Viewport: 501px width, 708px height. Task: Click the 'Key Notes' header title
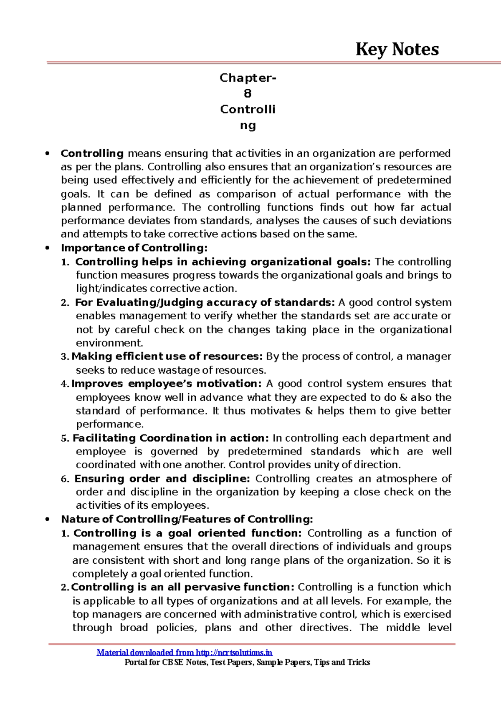click(x=397, y=49)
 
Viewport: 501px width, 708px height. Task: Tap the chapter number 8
click(x=248, y=94)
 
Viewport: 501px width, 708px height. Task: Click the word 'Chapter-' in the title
click(x=248, y=78)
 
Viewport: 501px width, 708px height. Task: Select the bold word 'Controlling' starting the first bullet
click(x=92, y=153)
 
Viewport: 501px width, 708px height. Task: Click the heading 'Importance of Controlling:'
click(x=134, y=248)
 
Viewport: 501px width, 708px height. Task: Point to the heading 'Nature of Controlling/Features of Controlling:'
click(x=187, y=519)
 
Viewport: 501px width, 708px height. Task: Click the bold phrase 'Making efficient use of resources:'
click(x=167, y=357)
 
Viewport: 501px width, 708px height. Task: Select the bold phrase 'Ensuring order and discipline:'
click(x=162, y=479)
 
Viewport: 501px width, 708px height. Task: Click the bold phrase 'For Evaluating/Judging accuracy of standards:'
click(x=205, y=302)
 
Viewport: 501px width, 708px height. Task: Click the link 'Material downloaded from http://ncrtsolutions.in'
click(x=184, y=653)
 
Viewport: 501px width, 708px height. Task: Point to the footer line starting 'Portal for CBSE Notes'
click(x=247, y=662)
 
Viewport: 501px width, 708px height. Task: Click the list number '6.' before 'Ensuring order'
click(x=65, y=479)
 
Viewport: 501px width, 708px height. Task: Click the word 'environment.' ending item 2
click(x=109, y=343)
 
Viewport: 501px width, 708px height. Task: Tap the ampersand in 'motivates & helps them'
click(x=309, y=411)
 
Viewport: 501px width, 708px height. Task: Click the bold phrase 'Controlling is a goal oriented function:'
click(x=187, y=533)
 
